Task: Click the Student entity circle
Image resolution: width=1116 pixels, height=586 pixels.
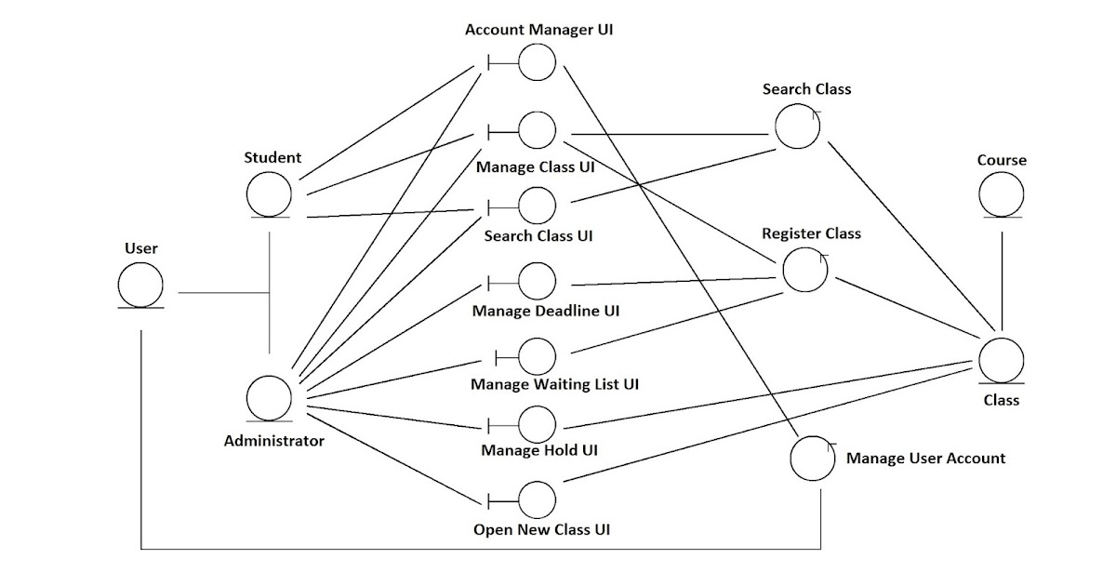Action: (269, 195)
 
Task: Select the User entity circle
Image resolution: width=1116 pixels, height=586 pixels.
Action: (140, 285)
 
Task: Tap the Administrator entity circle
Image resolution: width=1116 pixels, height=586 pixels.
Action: (269, 398)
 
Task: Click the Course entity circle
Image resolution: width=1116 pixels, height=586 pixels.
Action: (1002, 194)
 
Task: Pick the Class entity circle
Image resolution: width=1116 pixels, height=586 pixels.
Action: (1002, 359)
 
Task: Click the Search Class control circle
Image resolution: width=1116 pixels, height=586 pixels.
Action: (797, 127)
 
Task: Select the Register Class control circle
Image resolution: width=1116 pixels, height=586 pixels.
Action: (805, 270)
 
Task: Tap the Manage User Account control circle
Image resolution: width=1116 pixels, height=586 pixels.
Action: (812, 459)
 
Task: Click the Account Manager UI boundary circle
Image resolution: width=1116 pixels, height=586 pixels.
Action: (537, 62)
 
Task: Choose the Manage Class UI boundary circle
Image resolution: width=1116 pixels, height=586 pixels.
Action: (537, 130)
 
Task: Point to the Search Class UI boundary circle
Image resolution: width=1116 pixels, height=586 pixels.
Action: (537, 205)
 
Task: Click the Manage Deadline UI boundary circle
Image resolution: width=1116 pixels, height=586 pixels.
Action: (537, 281)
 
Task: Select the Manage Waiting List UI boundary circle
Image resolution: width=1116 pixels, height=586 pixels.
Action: (537, 355)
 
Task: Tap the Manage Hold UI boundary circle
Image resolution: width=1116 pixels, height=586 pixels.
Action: (537, 425)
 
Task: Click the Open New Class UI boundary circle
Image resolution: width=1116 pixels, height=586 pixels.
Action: (537, 500)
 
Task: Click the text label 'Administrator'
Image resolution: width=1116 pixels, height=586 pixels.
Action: (274, 441)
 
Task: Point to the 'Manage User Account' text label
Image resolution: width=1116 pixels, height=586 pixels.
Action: (925, 458)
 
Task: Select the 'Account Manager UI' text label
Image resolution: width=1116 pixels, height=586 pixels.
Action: (538, 29)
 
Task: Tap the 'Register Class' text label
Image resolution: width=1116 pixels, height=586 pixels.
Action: (811, 233)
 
